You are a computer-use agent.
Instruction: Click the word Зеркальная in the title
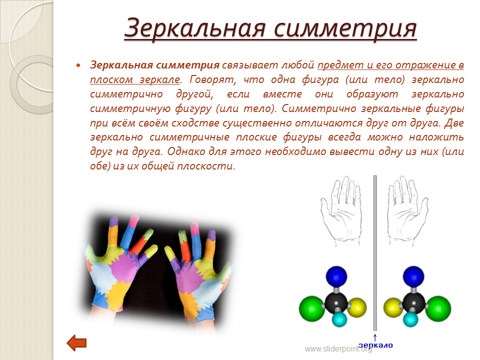pos(195,27)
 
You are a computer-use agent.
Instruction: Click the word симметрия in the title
pos(345,28)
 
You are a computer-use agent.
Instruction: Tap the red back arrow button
pos(76,343)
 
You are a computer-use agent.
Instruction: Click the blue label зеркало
pos(375,345)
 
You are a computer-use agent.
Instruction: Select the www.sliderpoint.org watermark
pos(338,348)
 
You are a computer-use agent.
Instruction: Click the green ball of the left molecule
pos(311,308)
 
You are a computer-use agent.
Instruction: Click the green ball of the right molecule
pos(438,308)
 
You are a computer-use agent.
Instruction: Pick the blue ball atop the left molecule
pos(336,276)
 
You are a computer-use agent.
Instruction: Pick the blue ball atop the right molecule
pos(413,276)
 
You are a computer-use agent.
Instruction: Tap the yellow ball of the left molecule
pos(357,307)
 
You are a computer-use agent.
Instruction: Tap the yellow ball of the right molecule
pos(393,307)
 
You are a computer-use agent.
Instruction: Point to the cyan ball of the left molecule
pos(339,319)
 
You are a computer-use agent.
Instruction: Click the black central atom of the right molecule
pos(413,303)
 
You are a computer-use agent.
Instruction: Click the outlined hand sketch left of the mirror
pos(340,211)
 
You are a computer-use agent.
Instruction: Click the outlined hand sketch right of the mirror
pos(407,211)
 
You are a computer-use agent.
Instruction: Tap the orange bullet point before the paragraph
pos(78,65)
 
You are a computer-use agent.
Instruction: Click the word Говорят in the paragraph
pos(213,79)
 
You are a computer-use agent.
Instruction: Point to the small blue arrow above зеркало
pos(375,337)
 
